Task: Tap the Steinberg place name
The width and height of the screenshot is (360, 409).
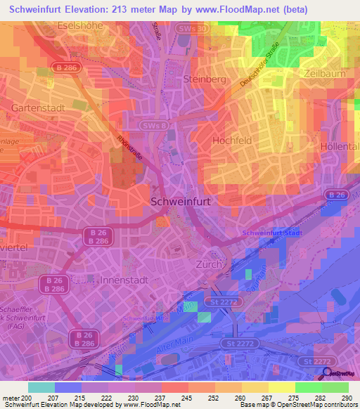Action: point(203,79)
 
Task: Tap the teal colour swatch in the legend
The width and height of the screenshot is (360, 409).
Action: point(41,387)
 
